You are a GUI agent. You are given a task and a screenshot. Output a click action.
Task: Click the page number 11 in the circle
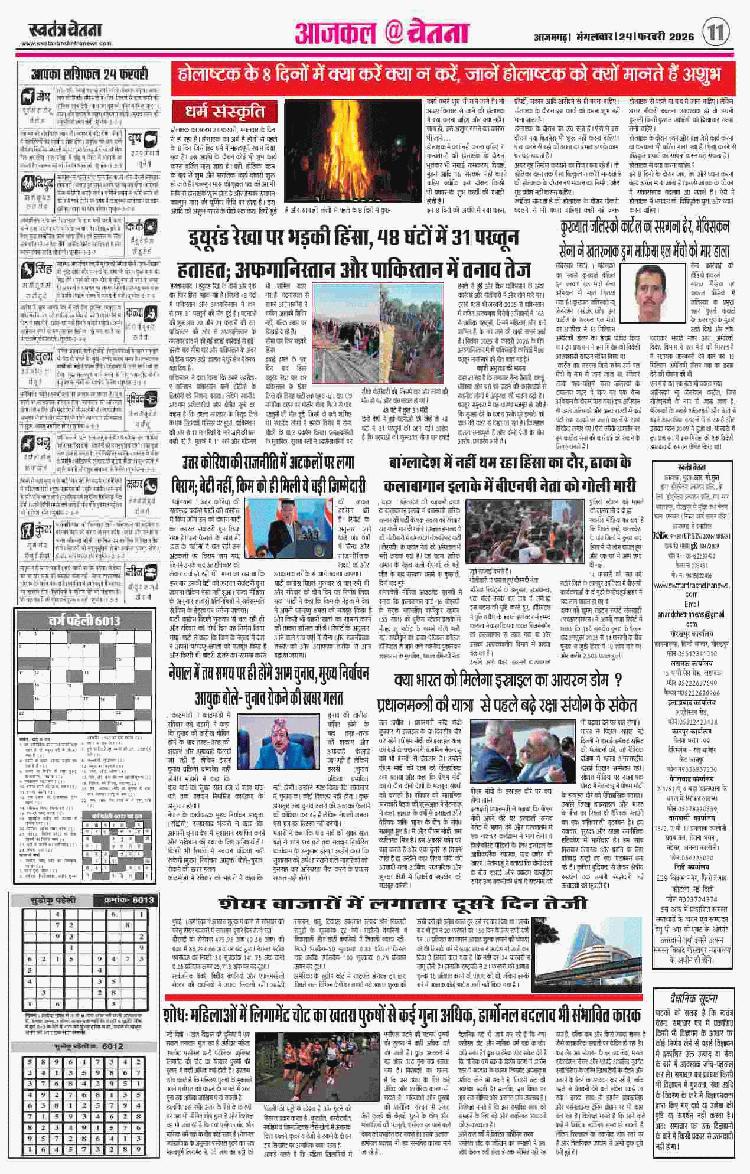(716, 31)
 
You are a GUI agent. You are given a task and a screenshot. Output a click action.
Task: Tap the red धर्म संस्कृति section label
(224, 111)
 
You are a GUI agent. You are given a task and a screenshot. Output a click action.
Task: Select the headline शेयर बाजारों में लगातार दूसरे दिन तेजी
(403, 904)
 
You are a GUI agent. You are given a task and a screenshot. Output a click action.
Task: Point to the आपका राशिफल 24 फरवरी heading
(89, 75)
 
